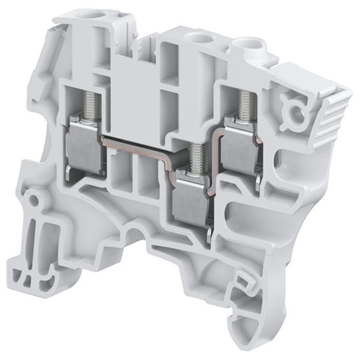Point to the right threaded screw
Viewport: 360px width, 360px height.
click(247, 104)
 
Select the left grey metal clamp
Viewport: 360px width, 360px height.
click(83, 146)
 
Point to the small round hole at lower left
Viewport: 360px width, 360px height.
click(33, 198)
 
